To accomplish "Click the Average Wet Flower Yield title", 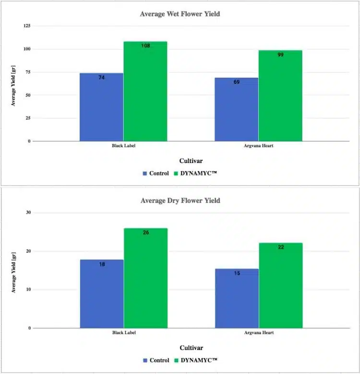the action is tap(180, 14).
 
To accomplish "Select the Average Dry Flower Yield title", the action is tap(180, 200).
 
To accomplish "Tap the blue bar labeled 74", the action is tap(101, 107).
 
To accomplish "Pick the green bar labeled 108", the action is tap(145, 92).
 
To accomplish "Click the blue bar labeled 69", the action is tap(236, 109).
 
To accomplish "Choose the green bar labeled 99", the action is tap(280, 95).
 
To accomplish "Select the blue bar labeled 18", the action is tap(102, 294).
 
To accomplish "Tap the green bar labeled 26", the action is tap(145, 278).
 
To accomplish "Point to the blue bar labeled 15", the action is tap(237, 298).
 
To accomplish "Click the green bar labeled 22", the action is tap(281, 285).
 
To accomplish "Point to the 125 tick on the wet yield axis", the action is tap(27, 26).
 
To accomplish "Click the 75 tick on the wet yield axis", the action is tap(28, 72).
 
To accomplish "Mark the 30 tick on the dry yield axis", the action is tap(28, 212).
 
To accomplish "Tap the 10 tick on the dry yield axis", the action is tap(28, 289).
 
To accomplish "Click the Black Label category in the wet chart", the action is tap(124, 146).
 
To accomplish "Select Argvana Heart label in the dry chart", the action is tap(259, 333).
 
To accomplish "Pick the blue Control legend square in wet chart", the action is tap(144, 174).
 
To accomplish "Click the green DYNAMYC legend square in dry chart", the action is tap(177, 361).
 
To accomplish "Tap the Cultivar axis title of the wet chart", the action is tap(191, 161).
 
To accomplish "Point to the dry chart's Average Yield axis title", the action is tap(14, 272).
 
